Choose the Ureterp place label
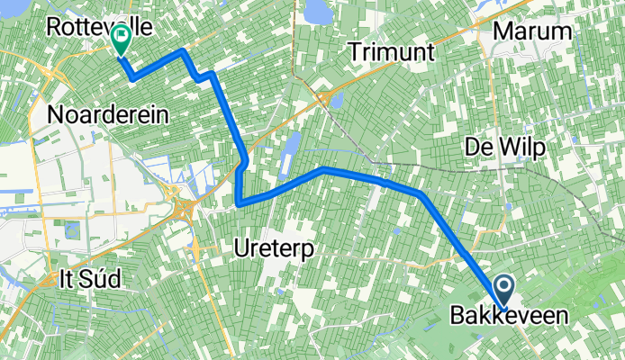[x=272, y=244]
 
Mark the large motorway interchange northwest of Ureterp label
[x=186, y=210]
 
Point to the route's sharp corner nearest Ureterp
[x=239, y=204]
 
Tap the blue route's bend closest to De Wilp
[x=421, y=193]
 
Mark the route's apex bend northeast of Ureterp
[x=322, y=168]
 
